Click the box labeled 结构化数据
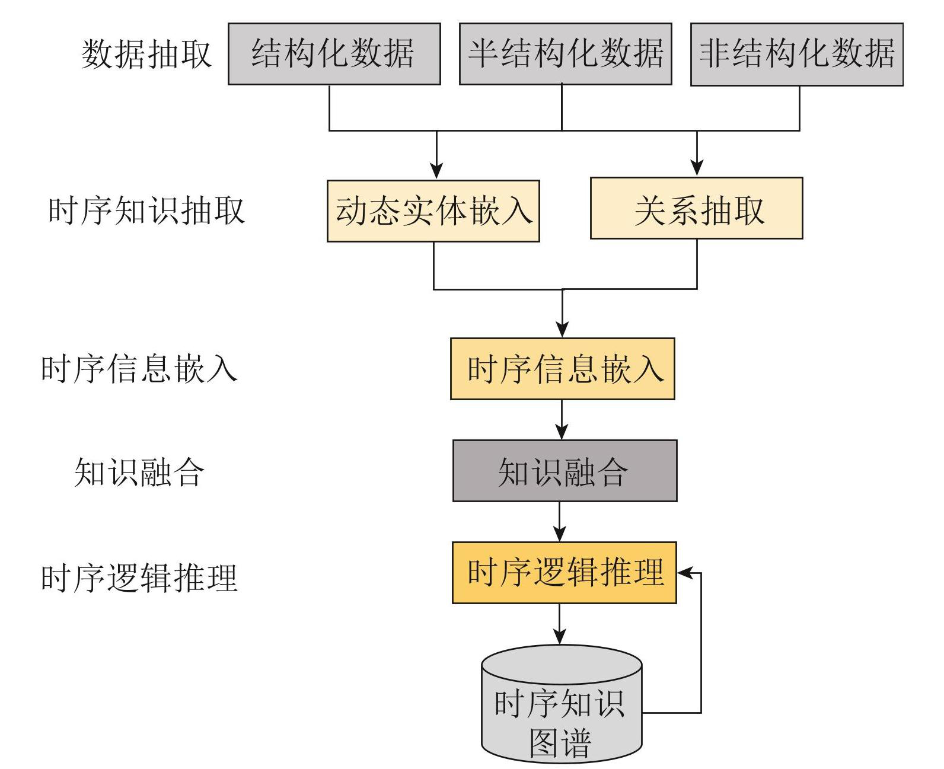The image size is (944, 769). click(334, 54)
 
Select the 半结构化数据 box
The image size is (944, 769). click(565, 54)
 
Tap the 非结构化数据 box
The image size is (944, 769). click(796, 54)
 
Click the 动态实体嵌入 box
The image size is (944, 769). click(433, 211)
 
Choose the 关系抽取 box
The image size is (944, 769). click(696, 208)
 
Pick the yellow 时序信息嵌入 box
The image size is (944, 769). click(562, 369)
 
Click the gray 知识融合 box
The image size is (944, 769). click(565, 471)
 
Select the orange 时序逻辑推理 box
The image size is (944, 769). click(564, 573)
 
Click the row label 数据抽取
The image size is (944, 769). click(146, 54)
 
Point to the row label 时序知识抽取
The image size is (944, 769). click(146, 211)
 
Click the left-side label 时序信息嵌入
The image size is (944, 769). click(140, 369)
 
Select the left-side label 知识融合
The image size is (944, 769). click(140, 473)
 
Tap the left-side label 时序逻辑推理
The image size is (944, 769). click(140, 577)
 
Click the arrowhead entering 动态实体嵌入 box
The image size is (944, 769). click(436, 171)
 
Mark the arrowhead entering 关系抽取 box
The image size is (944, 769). click(697, 168)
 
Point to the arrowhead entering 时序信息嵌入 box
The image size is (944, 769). click(562, 329)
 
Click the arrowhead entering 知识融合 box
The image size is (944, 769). click(562, 431)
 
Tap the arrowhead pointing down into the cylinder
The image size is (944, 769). click(560, 636)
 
